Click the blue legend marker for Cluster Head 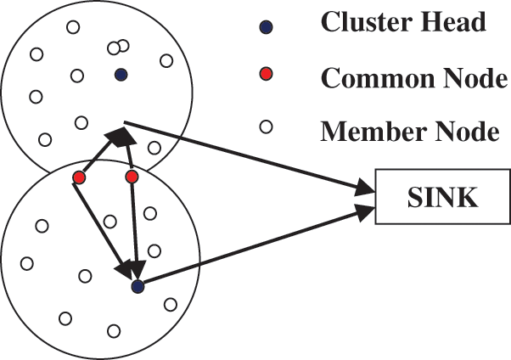[266, 27]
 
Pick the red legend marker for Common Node [266, 74]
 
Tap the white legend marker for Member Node [266, 127]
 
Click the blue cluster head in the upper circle [121, 75]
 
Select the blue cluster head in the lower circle [138, 287]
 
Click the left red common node [79, 177]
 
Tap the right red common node [132, 177]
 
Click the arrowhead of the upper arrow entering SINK [364, 188]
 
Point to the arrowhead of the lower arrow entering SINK [364, 212]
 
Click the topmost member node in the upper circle [73, 27]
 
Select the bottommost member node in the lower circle [114, 331]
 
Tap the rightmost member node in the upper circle [166, 60]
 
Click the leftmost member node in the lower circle [26, 263]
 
